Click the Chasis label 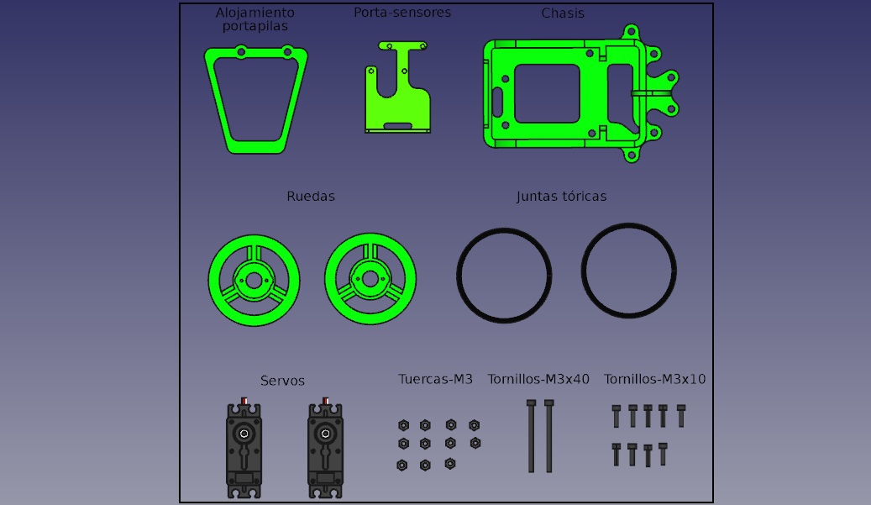click(x=563, y=13)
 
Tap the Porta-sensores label click(x=402, y=13)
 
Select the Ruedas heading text click(x=311, y=196)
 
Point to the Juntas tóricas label click(x=561, y=196)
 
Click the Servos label click(x=282, y=381)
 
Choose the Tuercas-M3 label click(x=435, y=379)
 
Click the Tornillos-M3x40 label click(x=538, y=379)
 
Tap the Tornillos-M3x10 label click(x=654, y=379)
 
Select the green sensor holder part click(x=398, y=106)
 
